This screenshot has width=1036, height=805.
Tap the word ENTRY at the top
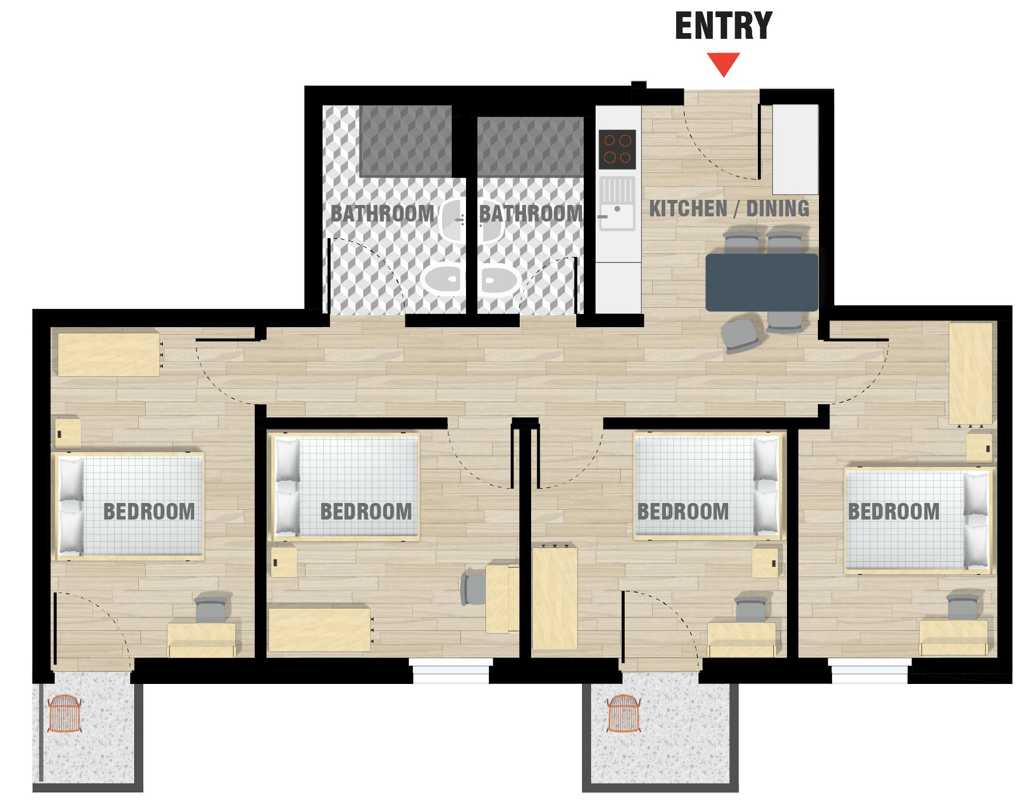723,26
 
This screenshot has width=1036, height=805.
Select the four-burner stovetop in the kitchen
617,148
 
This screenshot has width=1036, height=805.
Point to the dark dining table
762,283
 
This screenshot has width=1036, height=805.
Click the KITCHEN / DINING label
729,209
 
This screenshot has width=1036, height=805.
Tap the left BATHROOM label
382,214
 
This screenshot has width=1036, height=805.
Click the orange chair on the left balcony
64,714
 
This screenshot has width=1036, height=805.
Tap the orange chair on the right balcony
625,714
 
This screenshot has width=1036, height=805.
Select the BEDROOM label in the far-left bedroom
149,512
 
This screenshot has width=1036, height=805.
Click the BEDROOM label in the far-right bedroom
893,512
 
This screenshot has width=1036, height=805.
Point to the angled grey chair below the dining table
740,336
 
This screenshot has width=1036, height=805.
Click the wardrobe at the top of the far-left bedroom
109,355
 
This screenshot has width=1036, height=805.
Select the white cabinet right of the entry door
795,150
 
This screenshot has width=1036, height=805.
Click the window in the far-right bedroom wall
869,670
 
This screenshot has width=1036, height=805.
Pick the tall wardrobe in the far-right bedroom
970,374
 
